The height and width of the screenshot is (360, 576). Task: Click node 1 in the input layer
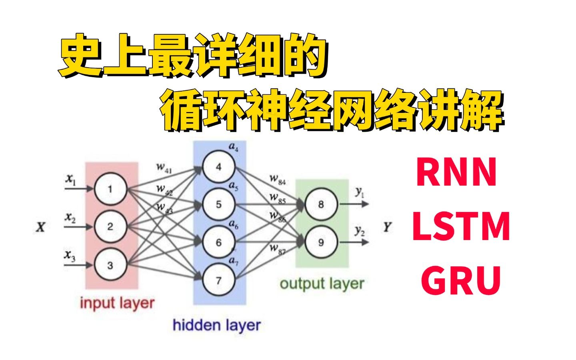coord(110,189)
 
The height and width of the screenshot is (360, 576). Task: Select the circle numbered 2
coord(110,227)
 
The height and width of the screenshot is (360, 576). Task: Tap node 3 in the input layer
coord(110,265)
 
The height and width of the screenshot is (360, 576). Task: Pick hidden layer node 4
coord(218,167)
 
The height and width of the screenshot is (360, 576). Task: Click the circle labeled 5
coord(218,204)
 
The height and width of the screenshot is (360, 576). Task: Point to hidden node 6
coord(218,242)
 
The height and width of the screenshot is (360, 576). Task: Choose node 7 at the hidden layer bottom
coord(218,280)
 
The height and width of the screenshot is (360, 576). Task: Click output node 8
coord(321,204)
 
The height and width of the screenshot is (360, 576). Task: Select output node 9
coord(321,242)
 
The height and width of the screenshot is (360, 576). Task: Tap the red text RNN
coord(456,173)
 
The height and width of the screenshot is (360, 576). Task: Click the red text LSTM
coord(461,227)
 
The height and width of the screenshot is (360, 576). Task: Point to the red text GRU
coord(461,280)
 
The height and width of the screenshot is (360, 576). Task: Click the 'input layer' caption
coord(117,303)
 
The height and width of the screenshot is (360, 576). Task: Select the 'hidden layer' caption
coord(216,325)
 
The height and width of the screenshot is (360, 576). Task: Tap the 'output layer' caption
coord(322,284)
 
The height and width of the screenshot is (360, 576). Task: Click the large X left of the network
coord(40,228)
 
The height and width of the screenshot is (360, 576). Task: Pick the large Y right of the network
coord(387,228)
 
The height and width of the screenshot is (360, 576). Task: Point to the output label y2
coord(360,232)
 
